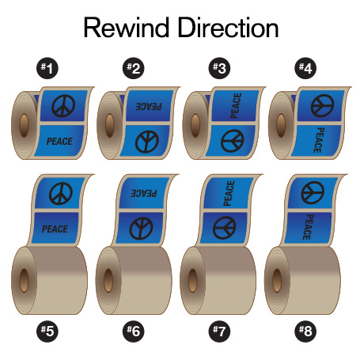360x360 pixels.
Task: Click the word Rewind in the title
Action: [x=127, y=28]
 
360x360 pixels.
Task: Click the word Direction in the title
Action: [x=229, y=28]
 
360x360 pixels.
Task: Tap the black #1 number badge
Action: [x=47, y=68]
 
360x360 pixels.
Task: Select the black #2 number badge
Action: [x=134, y=68]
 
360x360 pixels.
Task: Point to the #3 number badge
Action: [x=219, y=68]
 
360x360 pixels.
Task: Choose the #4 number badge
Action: [x=305, y=68]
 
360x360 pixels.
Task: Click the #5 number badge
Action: [x=47, y=331]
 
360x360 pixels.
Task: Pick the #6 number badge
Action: [x=134, y=331]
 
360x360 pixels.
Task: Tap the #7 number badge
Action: [x=219, y=331]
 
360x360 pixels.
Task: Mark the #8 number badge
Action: [x=305, y=331]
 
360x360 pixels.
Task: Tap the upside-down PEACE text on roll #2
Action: [x=149, y=106]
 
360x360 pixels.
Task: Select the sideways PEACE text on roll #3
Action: [x=236, y=105]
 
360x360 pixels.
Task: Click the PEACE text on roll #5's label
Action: [x=55, y=229]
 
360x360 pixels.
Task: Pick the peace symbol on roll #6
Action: [x=141, y=229]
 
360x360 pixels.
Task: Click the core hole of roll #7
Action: [x=192, y=280]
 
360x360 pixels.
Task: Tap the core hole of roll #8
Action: [x=277, y=280]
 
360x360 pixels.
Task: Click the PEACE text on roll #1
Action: [x=59, y=142]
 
